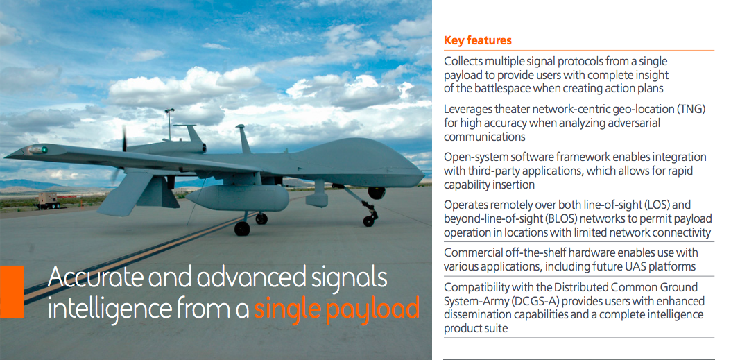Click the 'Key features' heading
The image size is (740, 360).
478,40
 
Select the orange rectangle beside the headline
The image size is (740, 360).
12,291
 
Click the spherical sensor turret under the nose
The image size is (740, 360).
377,193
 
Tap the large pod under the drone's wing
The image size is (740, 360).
237,198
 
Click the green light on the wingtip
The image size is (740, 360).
44,150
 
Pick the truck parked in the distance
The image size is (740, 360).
49,201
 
